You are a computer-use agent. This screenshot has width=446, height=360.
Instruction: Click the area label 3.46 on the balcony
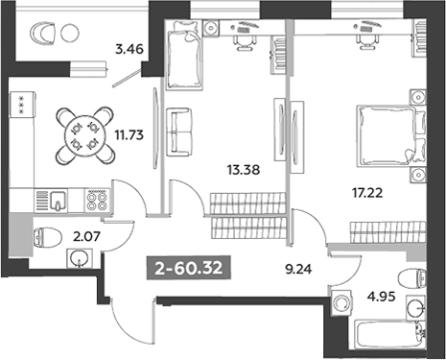129,50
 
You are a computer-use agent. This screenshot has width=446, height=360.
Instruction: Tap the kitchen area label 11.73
129,135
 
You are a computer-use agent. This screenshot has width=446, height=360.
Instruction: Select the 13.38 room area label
244,170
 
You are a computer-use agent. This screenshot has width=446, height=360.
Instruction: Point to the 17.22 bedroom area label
367,193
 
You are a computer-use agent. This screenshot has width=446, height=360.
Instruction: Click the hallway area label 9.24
298,269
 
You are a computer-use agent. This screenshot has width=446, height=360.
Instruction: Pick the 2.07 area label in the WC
87,237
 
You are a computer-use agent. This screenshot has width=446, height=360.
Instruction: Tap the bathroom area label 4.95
381,297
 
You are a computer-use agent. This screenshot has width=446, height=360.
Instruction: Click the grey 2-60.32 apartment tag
189,268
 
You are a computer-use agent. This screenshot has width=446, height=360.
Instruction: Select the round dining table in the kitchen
84,135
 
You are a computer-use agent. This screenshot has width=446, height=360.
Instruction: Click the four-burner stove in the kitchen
97,201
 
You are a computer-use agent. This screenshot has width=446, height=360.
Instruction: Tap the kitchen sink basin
58,200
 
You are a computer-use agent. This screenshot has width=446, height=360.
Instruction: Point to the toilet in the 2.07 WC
47,237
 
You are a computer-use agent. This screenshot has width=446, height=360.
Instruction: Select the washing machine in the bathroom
341,301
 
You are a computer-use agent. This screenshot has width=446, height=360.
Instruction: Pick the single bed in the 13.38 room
183,55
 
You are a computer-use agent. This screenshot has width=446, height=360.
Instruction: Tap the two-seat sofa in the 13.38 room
179,132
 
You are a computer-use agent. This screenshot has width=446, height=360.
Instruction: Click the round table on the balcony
70,34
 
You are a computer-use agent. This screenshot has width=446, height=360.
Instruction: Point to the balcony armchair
42,34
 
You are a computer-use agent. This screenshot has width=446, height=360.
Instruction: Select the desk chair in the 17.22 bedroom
365,41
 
